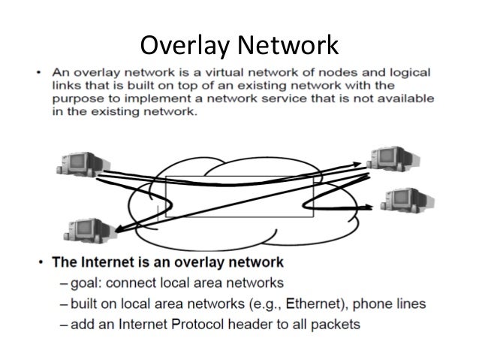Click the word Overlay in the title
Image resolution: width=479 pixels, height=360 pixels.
[185, 46]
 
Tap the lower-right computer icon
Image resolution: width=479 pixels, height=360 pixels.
[402, 201]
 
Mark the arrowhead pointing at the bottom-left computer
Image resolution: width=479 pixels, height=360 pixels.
[114, 225]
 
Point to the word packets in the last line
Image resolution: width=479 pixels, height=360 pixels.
[335, 325]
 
